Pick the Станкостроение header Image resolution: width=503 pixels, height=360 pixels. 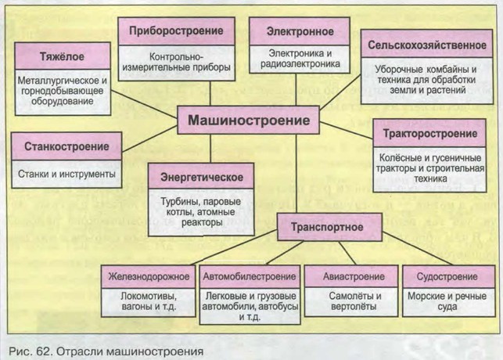[x=66, y=146]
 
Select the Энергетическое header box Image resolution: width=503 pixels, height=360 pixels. [x=201, y=175]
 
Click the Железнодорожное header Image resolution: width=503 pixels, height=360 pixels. [x=149, y=277]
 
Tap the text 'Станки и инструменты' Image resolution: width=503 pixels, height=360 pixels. [x=66, y=172]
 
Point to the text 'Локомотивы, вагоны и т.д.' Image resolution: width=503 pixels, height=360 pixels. [x=149, y=302]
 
